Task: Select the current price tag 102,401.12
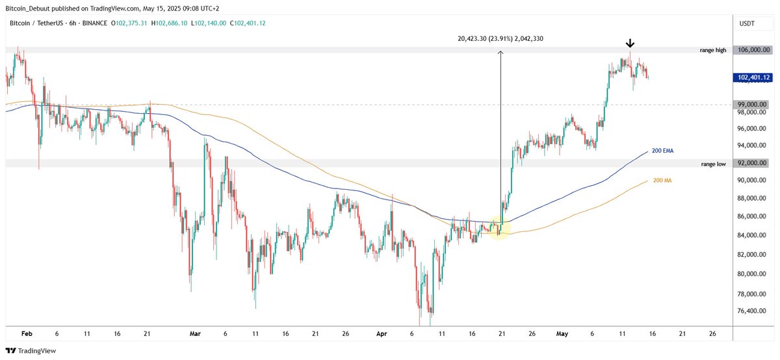click(x=753, y=78)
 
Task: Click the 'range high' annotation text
click(x=713, y=50)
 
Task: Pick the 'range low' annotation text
click(x=714, y=164)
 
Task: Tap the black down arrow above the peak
click(x=629, y=44)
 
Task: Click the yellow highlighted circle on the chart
click(x=499, y=229)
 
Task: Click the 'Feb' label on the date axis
click(x=27, y=334)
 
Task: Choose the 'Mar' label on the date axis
click(x=195, y=334)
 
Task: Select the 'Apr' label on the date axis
click(x=383, y=334)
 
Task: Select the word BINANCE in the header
click(x=94, y=23)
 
